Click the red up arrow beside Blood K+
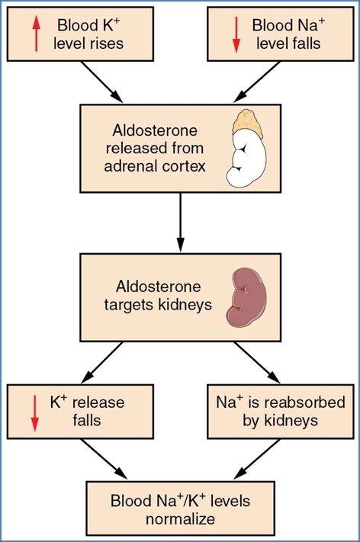(34, 34)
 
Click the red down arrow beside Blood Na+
(236, 34)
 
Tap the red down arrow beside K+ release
(34, 412)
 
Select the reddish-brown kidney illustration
(250, 298)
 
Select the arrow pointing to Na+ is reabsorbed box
(256, 363)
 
